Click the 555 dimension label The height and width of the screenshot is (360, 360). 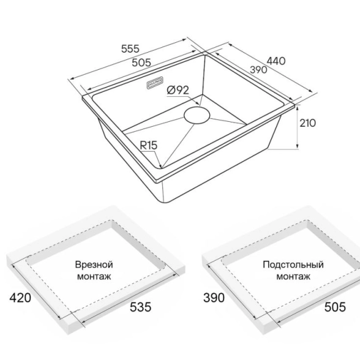(130, 49)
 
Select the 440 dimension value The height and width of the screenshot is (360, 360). (276, 61)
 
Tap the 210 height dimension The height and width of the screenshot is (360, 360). (307, 123)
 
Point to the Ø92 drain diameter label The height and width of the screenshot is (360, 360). (178, 90)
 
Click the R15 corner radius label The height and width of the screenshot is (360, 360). (149, 145)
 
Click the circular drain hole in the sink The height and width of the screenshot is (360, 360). (197, 114)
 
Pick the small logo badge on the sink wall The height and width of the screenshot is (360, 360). (154, 83)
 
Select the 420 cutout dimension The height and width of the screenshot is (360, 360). (20, 298)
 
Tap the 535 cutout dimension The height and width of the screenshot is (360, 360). (141, 307)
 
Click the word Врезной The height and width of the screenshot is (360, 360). (94, 264)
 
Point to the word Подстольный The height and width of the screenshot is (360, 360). (293, 264)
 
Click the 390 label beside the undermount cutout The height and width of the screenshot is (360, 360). (214, 298)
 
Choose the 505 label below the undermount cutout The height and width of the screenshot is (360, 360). (335, 307)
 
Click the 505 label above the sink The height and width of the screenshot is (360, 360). (141, 62)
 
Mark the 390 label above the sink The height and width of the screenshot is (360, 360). (258, 70)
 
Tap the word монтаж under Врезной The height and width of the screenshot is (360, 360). (94, 277)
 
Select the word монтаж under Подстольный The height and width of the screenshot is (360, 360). (293, 277)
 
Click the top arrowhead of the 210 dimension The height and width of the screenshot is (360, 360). (298, 107)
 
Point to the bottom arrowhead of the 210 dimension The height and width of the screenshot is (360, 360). (298, 147)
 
